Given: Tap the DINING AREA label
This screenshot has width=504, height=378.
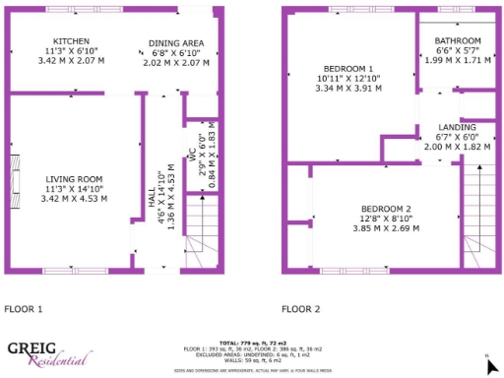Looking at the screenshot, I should tap(176, 44).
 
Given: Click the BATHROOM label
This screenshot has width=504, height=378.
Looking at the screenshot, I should tap(459, 41).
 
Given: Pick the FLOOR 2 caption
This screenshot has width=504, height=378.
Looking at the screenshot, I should tap(301, 309).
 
